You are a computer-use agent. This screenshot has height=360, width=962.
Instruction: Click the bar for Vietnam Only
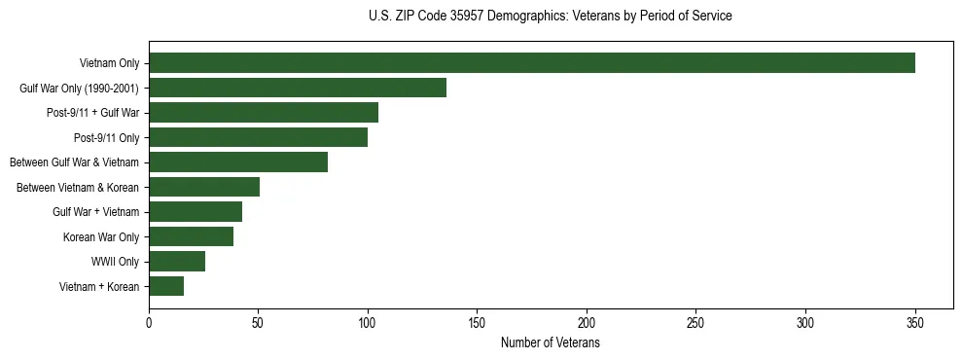point(531,63)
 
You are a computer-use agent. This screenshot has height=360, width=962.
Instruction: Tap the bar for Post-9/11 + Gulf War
point(264,113)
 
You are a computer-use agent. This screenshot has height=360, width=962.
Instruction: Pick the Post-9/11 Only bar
point(258,137)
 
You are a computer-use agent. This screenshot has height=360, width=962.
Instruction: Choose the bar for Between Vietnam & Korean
point(204,187)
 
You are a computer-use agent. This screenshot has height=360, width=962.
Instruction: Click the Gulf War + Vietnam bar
point(196,212)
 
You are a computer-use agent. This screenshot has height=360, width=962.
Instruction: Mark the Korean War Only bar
point(191,236)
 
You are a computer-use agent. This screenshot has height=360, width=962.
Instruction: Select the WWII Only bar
point(177,262)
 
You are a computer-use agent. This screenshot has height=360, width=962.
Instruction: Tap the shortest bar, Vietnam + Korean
point(166,286)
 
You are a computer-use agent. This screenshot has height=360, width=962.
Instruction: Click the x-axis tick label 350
point(915,322)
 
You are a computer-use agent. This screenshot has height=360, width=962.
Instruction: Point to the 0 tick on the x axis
point(149,322)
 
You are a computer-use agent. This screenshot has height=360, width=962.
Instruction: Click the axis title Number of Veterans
point(550,343)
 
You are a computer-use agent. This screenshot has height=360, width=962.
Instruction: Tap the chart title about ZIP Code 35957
point(550,17)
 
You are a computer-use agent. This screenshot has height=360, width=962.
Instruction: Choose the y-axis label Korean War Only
point(101,236)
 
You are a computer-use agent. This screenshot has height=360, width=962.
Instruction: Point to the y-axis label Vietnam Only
point(109,63)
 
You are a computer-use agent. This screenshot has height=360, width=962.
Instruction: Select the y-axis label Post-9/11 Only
point(107,137)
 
